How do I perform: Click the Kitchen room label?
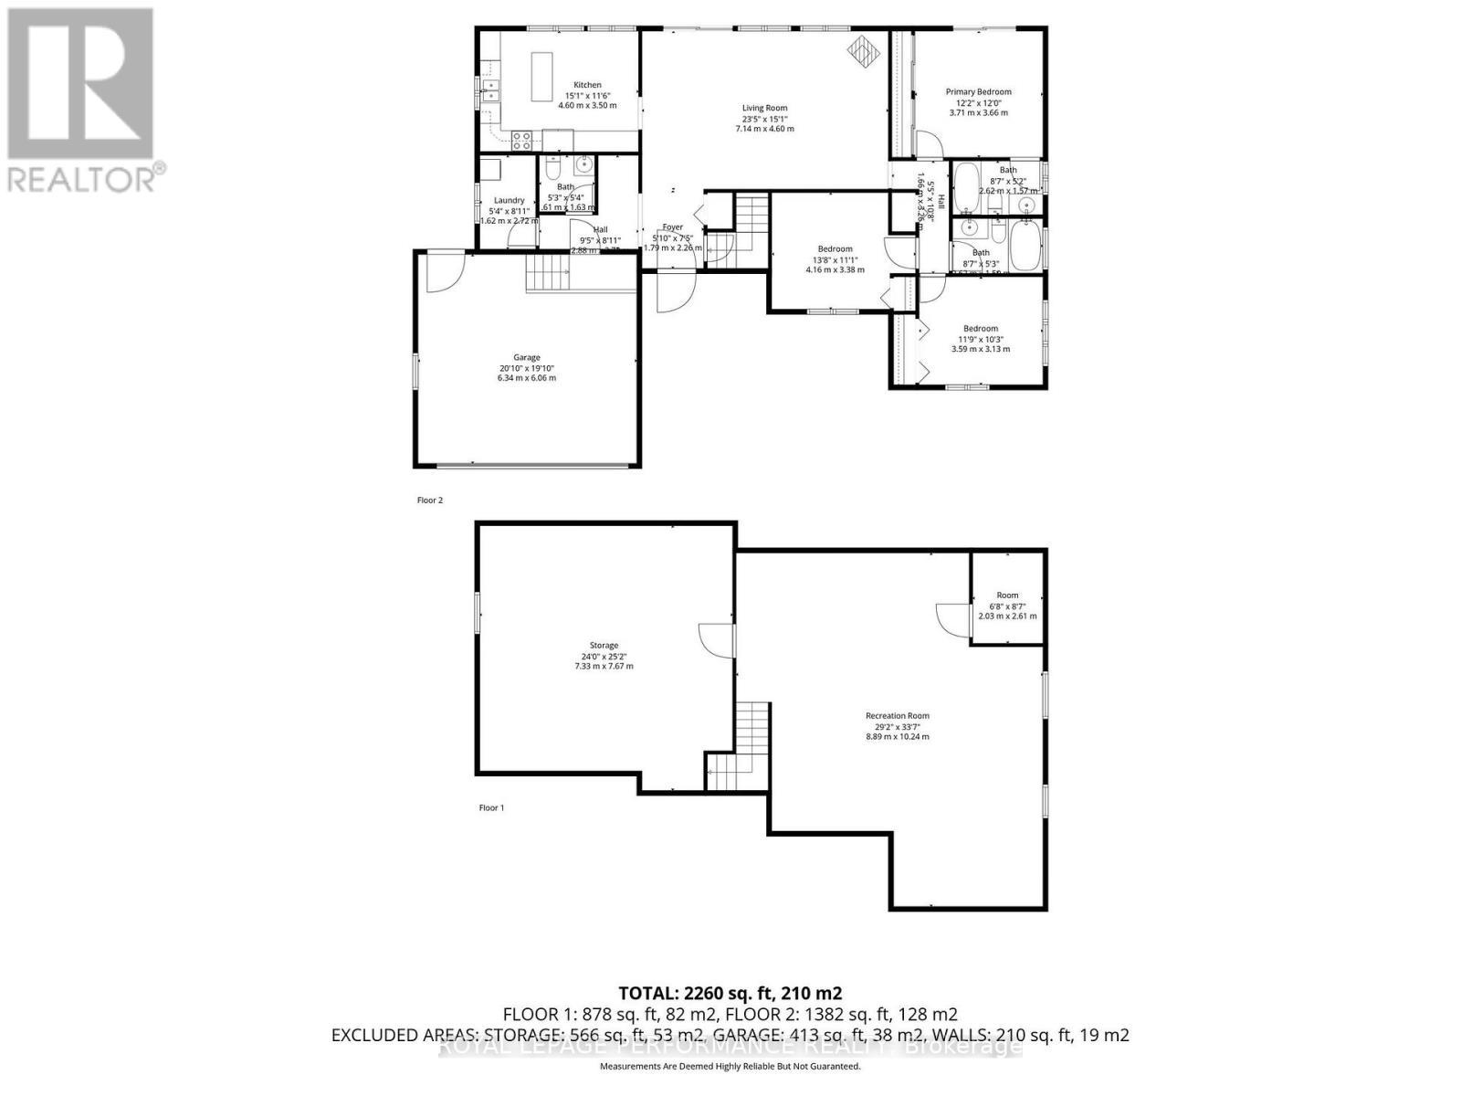(587, 85)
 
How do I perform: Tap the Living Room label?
(764, 108)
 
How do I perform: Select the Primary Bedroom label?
(978, 91)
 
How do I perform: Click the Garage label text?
(526, 357)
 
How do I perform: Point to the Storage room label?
(603, 646)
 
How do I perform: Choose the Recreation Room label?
(898, 716)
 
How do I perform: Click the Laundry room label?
(509, 200)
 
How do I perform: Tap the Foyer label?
(672, 227)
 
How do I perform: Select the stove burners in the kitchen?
(521, 141)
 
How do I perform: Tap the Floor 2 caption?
(429, 501)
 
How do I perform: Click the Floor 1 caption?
(491, 807)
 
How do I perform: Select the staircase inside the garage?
(547, 273)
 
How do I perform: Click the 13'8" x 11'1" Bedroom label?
(835, 248)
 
